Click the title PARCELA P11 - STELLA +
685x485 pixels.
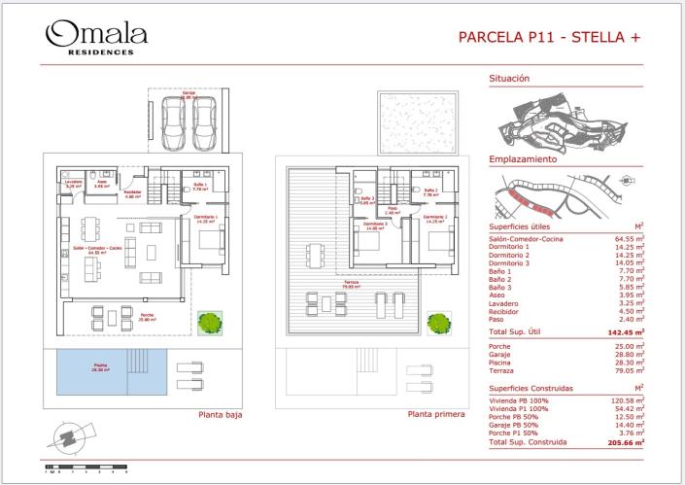coord(549,38)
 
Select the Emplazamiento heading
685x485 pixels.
coord(522,158)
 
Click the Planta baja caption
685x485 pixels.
coord(220,414)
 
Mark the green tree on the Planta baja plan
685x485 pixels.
coord(207,321)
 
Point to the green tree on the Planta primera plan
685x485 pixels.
coord(438,321)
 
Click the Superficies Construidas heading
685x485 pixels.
coord(531,388)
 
